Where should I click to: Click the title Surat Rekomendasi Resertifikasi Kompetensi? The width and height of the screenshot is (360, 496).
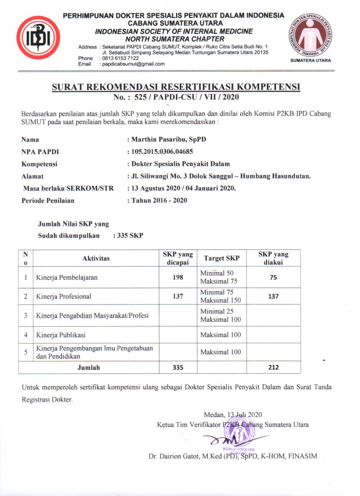176,87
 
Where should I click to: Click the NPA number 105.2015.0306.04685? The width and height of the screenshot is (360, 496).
163,151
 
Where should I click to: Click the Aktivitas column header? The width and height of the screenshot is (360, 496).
96,258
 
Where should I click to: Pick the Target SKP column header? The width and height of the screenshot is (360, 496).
221,258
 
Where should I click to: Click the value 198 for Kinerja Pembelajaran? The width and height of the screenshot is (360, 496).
178,277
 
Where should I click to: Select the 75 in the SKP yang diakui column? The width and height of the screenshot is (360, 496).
273,277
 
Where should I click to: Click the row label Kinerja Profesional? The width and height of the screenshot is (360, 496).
64,296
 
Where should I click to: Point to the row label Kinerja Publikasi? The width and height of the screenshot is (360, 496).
61,335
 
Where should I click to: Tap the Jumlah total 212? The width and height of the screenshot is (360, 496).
273,367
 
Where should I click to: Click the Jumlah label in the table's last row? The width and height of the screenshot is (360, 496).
89,368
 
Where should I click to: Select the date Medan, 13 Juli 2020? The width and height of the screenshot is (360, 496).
233,414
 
